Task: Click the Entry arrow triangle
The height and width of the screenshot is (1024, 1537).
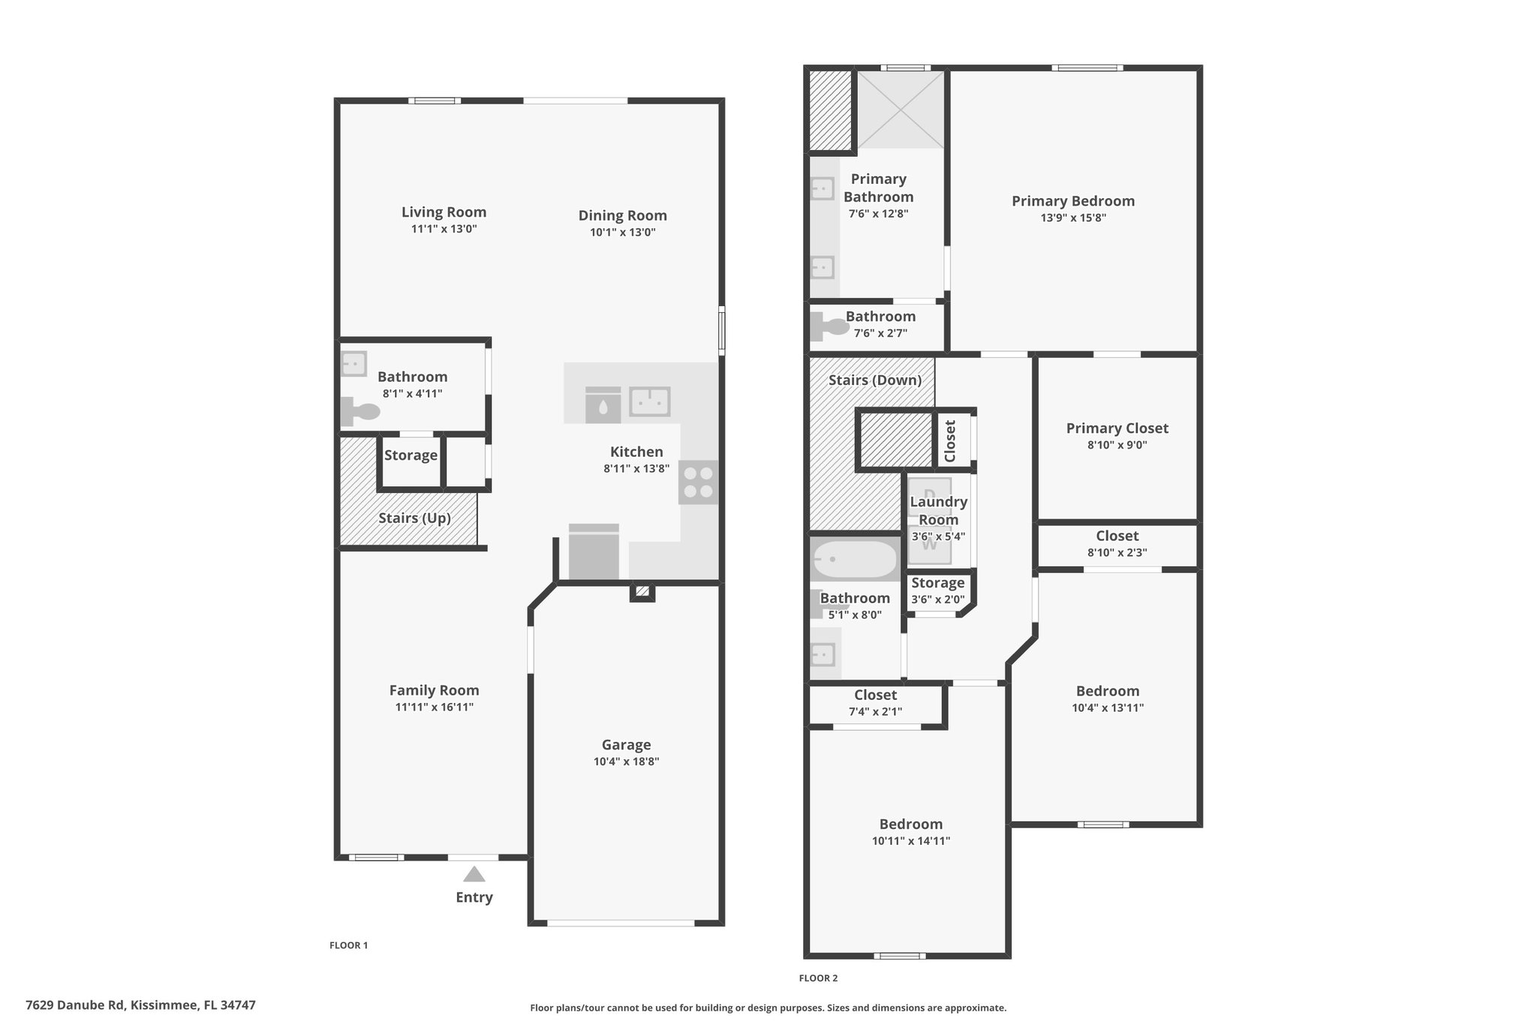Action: pyautogui.click(x=474, y=874)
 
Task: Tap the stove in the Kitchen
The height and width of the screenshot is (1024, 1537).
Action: pyautogui.click(x=699, y=482)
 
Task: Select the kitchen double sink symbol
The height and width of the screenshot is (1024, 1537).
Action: pyautogui.click(x=650, y=401)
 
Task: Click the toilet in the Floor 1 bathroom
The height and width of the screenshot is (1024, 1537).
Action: pyautogui.click(x=360, y=412)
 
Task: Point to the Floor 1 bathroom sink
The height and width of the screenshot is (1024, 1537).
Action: pyautogui.click(x=353, y=364)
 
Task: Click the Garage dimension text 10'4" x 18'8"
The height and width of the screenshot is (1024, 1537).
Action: pyautogui.click(x=626, y=761)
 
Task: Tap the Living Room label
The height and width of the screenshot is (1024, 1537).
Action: pyautogui.click(x=444, y=212)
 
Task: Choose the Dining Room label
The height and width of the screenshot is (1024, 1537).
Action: pyautogui.click(x=622, y=216)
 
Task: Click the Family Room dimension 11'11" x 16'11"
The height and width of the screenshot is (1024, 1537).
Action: pyautogui.click(x=434, y=707)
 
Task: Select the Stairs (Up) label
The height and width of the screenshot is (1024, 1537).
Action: pyautogui.click(x=414, y=518)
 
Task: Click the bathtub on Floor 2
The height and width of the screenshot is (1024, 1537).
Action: pyautogui.click(x=855, y=559)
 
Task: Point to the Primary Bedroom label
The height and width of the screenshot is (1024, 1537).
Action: pyautogui.click(x=1072, y=201)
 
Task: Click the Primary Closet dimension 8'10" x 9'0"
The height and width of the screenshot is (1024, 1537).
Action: pyautogui.click(x=1117, y=445)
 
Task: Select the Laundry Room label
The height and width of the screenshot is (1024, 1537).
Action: pyautogui.click(x=938, y=511)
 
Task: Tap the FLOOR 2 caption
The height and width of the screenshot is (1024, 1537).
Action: pyautogui.click(x=818, y=978)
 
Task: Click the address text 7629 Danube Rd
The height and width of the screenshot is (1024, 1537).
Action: pyautogui.click(x=74, y=1005)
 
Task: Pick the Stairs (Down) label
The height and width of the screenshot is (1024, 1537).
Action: pyautogui.click(x=875, y=380)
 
